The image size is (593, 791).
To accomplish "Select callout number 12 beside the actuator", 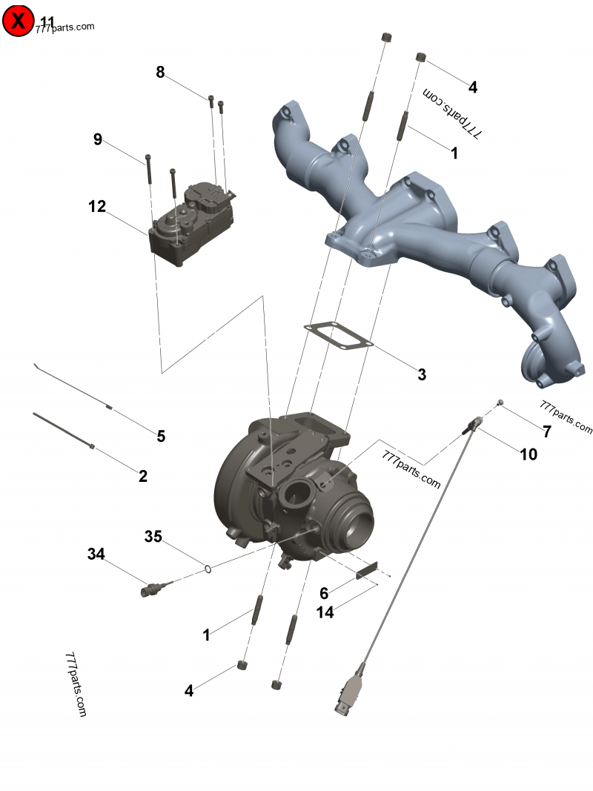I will coord(97,207).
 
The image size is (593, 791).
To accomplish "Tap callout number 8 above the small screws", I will coord(160,72).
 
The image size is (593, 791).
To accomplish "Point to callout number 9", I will coord(97,139).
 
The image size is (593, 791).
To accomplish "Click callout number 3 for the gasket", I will coord(422,374).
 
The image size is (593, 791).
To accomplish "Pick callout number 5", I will coord(161,436).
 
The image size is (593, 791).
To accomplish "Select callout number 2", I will coord(143,476).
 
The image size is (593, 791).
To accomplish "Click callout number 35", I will coord(153,536).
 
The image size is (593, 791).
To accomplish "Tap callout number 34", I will coord(96,554).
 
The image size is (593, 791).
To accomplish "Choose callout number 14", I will coord(325,612).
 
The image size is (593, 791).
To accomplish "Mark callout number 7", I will coord(547,432).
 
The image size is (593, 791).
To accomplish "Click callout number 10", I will coord(529,454).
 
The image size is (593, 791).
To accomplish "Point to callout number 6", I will coord(324,593).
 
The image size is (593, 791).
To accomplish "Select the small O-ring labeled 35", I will coord(209,569).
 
